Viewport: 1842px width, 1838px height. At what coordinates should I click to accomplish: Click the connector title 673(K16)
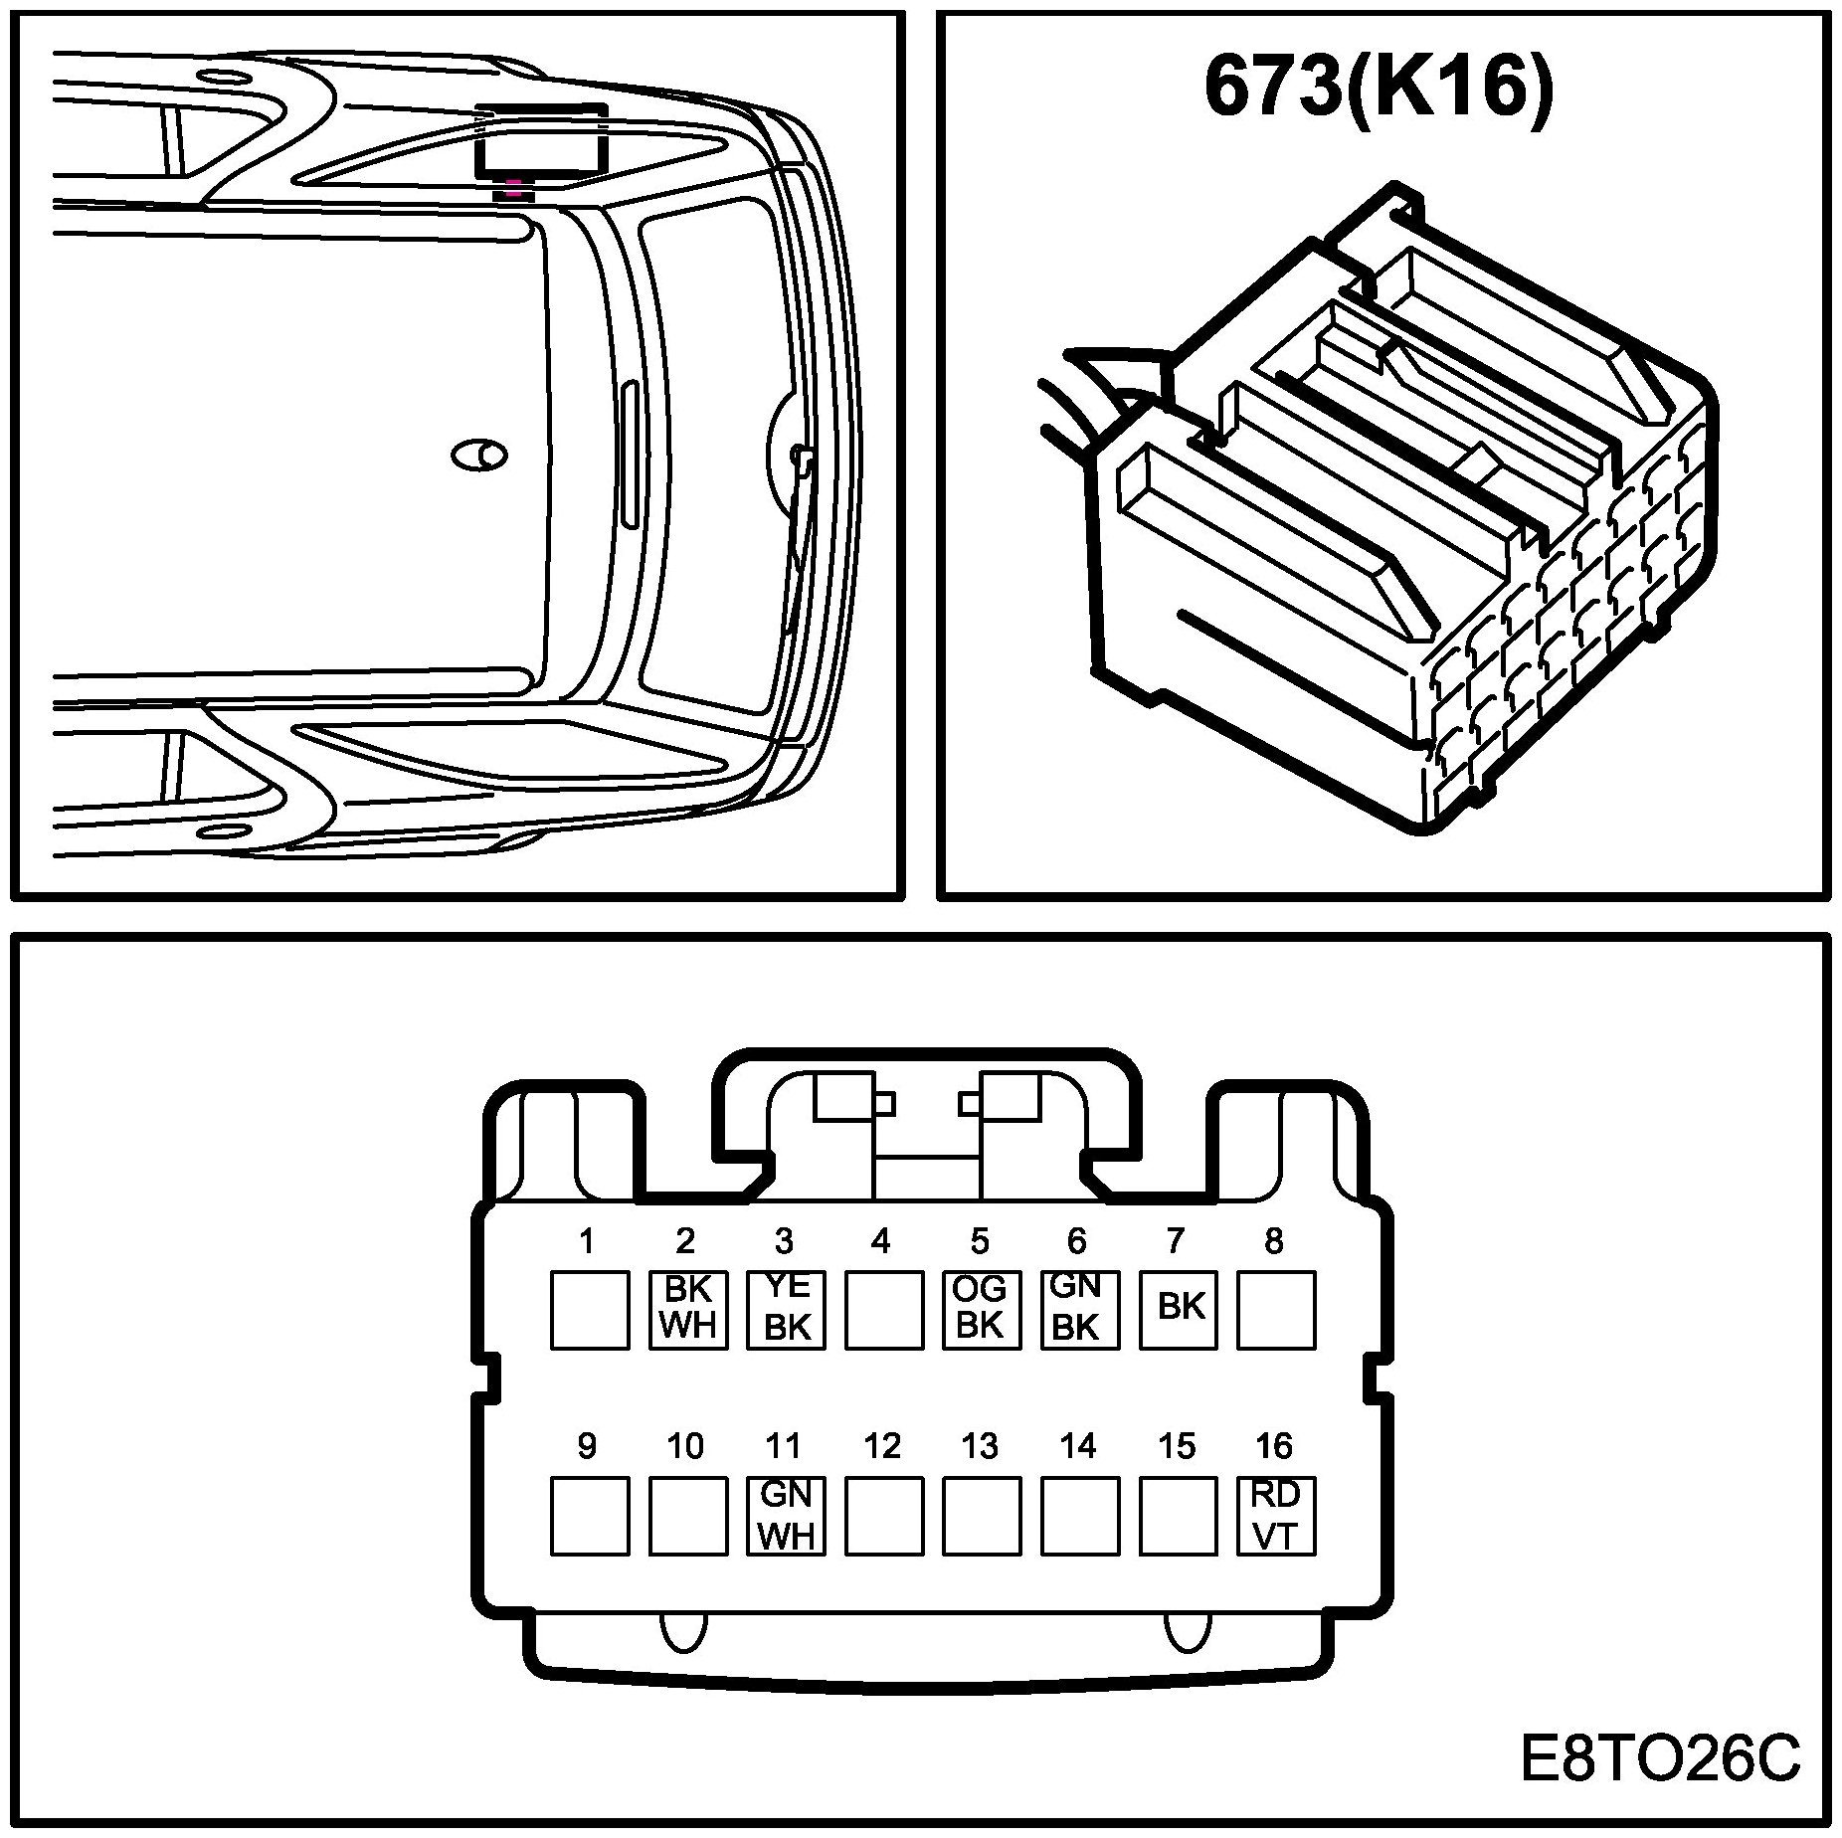1378,88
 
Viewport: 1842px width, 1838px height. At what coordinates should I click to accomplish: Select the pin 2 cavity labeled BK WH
687,1310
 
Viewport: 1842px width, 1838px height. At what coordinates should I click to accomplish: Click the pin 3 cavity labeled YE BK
786,1310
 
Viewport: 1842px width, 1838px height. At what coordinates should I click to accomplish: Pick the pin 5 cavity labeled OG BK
982,1310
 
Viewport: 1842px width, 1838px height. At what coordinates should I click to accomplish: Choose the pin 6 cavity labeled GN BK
1080,1310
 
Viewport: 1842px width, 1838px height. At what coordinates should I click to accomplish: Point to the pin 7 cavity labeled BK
1178,1310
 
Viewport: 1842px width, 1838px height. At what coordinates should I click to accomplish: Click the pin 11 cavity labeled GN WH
786,1515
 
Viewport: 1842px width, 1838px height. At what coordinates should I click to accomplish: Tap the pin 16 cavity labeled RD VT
1276,1515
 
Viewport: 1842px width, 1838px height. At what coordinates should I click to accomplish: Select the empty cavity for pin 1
590,1310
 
